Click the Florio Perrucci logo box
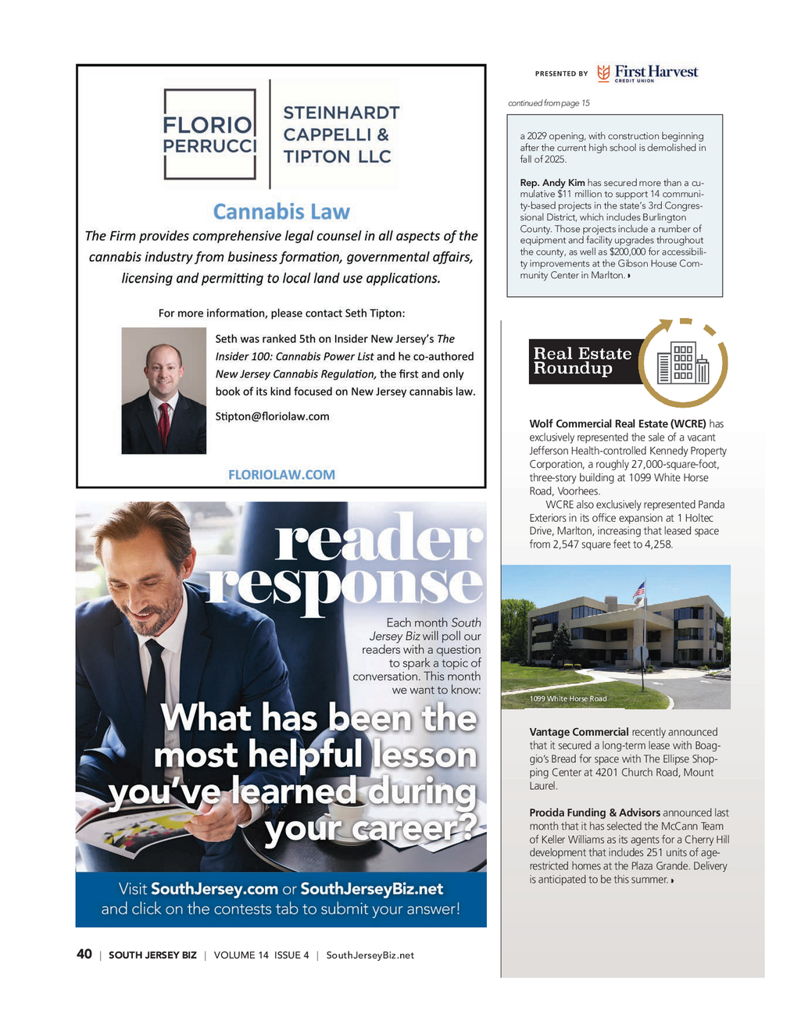209,134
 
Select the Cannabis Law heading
281,212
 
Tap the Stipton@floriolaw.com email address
272,416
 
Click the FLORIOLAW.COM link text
281,474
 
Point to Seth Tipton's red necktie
164,423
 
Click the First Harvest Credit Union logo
648,73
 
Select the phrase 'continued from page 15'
549,103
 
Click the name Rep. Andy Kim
552,183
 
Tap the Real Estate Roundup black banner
582,361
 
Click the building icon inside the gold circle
683,363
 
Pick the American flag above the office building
638,590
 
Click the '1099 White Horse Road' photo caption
568,698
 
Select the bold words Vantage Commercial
579,732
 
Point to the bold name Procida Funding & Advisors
595,812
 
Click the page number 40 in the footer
84,954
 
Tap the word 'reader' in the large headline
378,539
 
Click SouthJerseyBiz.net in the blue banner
371,889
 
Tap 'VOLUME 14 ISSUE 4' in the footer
261,955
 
